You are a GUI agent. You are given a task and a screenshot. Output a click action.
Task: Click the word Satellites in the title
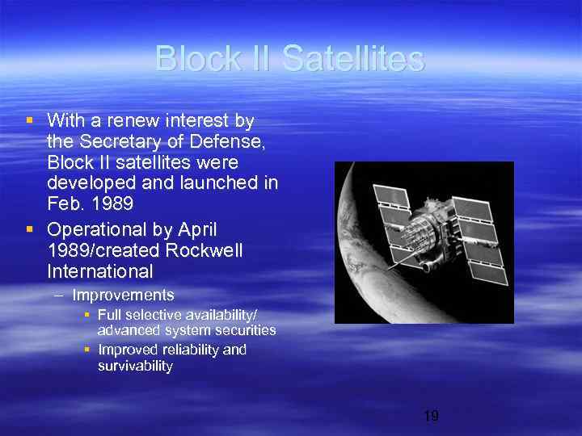pos(354,59)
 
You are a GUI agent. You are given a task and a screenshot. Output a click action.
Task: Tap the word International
pos(99,270)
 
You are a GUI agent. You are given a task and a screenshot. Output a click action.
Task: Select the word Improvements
pos(123,296)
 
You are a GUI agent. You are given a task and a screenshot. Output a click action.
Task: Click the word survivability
pos(135,366)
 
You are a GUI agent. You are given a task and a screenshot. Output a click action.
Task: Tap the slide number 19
pos(431,417)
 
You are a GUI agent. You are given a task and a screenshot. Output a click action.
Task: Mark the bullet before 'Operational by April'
pos(30,229)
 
